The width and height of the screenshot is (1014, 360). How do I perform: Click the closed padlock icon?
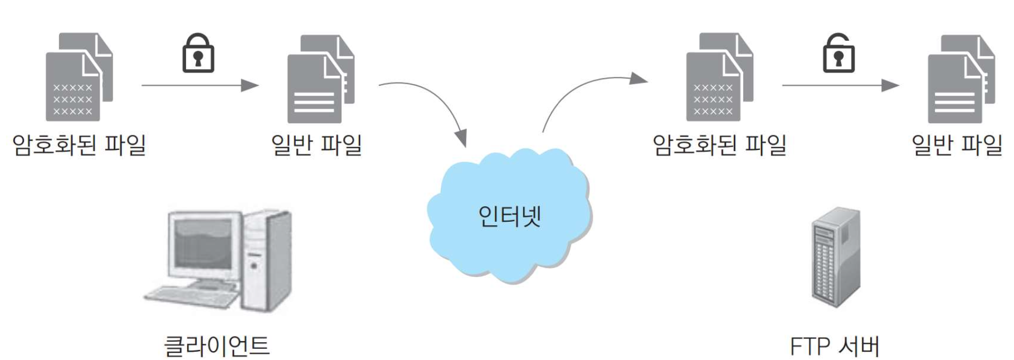click(198, 53)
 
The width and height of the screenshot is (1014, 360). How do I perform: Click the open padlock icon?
click(838, 53)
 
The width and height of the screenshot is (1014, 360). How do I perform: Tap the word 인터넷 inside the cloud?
click(509, 216)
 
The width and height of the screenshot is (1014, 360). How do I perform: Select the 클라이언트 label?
click(217, 345)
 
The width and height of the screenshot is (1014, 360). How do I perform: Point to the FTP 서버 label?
click(834, 346)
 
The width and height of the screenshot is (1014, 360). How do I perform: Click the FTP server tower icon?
click(836, 256)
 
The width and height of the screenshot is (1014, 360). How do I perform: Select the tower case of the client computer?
click(267, 259)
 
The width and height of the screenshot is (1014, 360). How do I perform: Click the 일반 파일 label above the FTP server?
click(956, 145)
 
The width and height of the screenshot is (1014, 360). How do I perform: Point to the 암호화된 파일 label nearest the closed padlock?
click(79, 145)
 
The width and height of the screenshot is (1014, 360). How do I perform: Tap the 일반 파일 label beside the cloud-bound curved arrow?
click(316, 145)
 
